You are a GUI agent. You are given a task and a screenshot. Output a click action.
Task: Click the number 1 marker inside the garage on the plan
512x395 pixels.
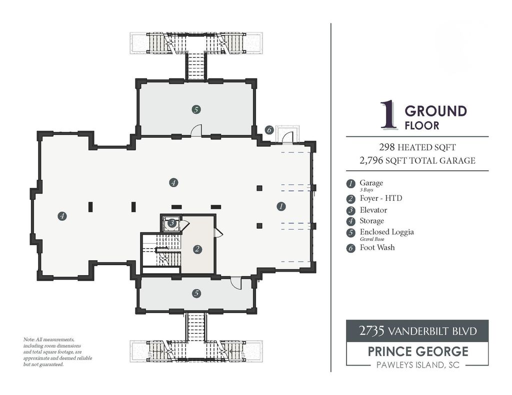click(x=281, y=206)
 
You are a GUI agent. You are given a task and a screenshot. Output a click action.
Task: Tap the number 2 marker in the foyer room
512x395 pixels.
click(x=197, y=250)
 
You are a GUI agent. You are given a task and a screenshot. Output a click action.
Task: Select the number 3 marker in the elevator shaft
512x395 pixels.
click(x=172, y=223)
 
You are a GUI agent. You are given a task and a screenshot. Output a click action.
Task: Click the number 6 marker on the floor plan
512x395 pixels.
click(x=269, y=130)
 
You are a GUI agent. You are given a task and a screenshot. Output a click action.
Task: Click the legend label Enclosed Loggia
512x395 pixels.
click(x=386, y=232)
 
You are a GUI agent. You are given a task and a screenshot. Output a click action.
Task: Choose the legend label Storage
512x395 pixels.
click(x=371, y=221)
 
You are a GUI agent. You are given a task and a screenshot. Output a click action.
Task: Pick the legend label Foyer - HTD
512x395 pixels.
click(x=380, y=198)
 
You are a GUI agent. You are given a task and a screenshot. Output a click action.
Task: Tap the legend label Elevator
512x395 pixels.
click(x=373, y=210)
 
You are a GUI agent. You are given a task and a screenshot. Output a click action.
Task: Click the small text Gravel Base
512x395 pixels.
click(x=372, y=239)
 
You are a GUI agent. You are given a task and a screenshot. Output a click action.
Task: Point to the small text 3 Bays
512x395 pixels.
click(x=366, y=190)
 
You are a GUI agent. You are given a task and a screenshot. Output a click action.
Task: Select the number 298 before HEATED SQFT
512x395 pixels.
click(x=386, y=147)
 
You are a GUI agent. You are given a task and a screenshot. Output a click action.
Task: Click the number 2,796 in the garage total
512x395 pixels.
click(x=371, y=160)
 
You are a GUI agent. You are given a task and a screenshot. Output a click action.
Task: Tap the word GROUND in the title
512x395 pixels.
click(x=435, y=111)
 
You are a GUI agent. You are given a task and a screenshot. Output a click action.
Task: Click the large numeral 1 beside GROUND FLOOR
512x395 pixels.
click(x=388, y=114)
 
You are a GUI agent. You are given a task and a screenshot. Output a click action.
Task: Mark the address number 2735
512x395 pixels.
click(x=371, y=331)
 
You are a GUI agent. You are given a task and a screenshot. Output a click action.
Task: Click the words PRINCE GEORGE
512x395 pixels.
click(x=418, y=352)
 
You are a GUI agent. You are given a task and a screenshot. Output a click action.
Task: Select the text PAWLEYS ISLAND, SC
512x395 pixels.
click(x=418, y=365)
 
